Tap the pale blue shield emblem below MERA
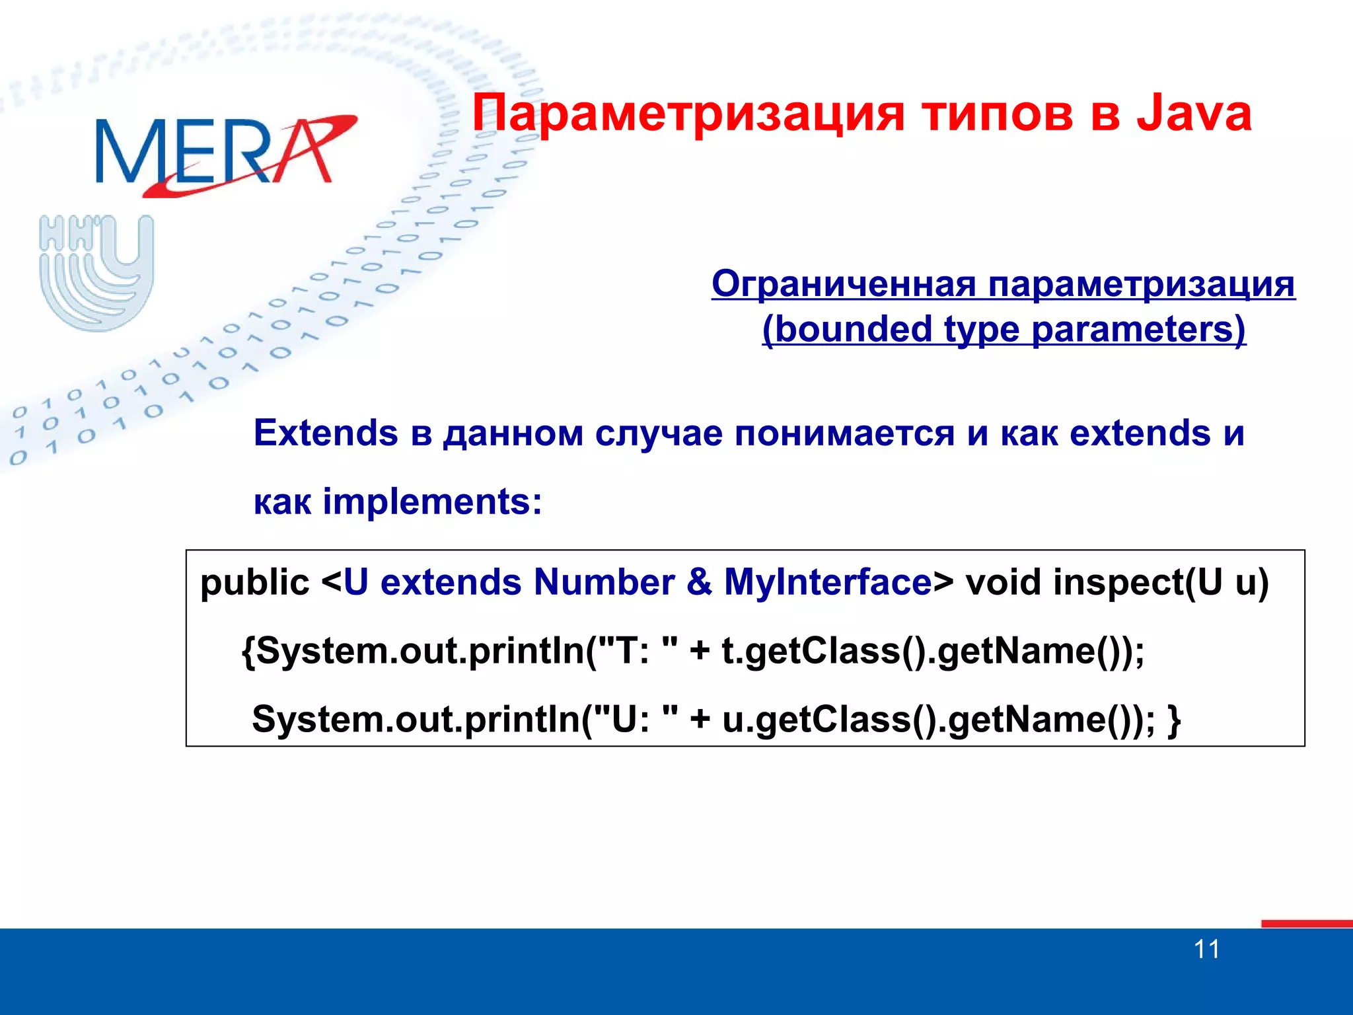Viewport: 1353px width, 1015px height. click(x=96, y=272)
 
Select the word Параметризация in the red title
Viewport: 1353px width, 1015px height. click(x=687, y=114)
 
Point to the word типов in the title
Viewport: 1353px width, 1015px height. click(x=998, y=114)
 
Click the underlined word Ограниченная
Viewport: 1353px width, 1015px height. click(x=843, y=285)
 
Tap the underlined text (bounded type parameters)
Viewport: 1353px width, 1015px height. click(x=1004, y=329)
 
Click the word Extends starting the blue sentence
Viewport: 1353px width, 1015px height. click(x=326, y=433)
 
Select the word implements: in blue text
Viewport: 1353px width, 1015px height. click(x=432, y=502)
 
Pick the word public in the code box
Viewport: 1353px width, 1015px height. click(x=254, y=583)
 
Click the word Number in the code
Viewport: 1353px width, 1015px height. click(x=604, y=583)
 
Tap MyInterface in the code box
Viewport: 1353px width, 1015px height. click(x=827, y=583)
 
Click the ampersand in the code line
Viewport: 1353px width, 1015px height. click(x=699, y=583)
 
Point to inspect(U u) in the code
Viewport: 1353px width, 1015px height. click(x=1161, y=583)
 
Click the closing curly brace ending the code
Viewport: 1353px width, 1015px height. click(x=1174, y=720)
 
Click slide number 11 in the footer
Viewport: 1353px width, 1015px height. click(x=1206, y=950)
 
